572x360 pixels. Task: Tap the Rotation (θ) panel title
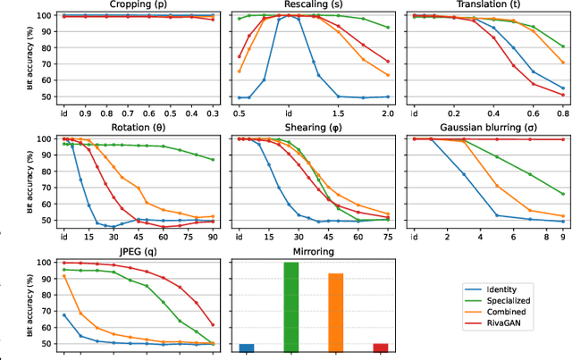tap(138, 129)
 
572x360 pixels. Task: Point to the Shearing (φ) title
tap(313, 129)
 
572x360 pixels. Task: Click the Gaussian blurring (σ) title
tap(487, 129)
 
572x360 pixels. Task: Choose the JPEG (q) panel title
tap(138, 252)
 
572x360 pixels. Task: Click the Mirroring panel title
tap(313, 252)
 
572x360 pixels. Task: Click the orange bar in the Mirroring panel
tap(335, 309)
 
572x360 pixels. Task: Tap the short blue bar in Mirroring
tap(246, 347)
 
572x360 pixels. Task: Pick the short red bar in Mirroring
tap(380, 347)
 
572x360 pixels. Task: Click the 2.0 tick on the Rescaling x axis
tap(387, 114)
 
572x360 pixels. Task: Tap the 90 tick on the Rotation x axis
tap(212, 238)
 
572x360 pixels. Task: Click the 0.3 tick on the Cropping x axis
tap(212, 114)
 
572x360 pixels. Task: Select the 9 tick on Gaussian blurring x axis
tap(562, 238)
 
